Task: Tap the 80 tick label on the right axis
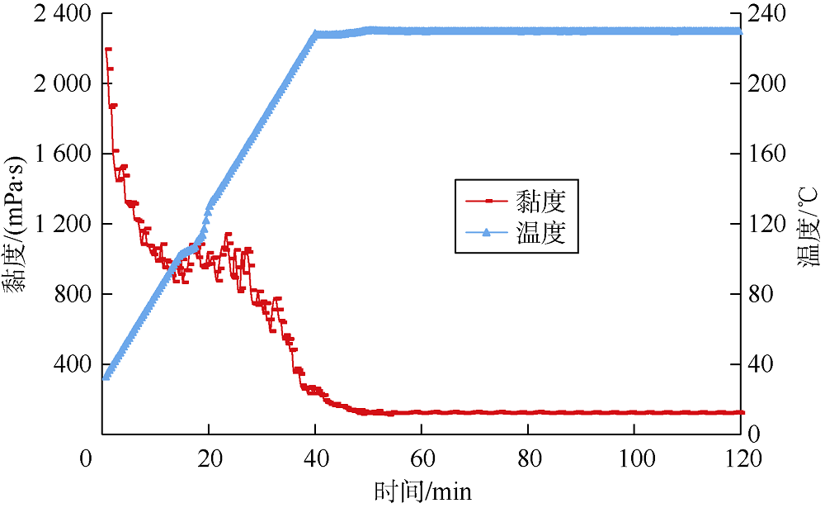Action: [x=761, y=295]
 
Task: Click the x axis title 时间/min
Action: [x=422, y=491]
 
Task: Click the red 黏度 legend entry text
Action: [x=540, y=200]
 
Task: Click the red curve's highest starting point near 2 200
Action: [x=108, y=50]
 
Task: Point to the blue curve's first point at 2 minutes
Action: [x=106, y=377]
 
